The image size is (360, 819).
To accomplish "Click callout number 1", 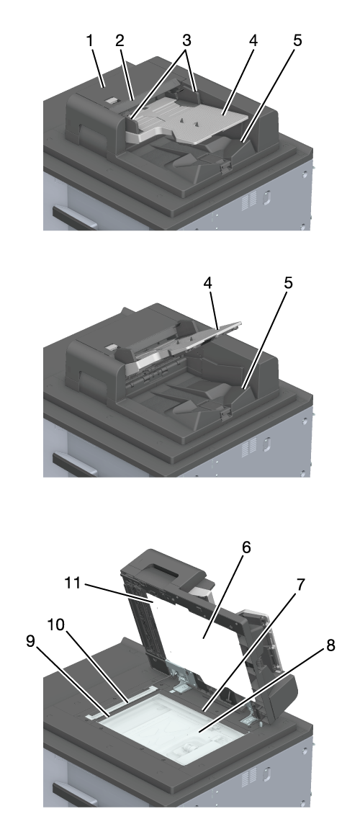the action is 90,41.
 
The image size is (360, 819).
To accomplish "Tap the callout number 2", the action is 120,41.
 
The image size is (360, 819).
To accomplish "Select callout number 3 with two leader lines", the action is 186,41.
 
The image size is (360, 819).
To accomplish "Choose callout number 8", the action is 330,645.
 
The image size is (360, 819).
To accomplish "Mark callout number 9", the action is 31,641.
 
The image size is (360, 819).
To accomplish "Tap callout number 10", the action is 58,625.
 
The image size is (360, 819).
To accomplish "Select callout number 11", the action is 73,583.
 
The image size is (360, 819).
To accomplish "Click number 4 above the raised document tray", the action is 207,284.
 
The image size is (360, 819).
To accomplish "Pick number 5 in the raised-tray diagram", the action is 288,284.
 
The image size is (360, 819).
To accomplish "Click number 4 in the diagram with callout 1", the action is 253,41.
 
